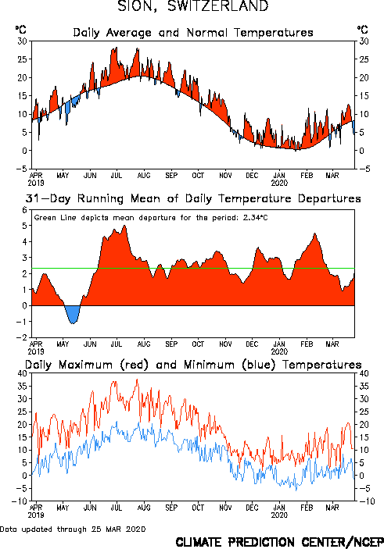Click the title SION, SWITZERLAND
tap(193, 6)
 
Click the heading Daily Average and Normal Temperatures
tap(193, 33)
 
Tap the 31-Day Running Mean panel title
tap(193, 198)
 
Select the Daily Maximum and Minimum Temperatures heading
tap(193, 365)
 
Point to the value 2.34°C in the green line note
tap(255, 218)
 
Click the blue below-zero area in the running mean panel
tap(73, 314)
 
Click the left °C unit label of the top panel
tap(20, 30)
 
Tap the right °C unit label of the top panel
tap(363, 30)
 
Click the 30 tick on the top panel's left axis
tap(23, 41)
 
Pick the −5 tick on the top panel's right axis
tap(364, 169)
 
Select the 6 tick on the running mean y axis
tap(24, 210)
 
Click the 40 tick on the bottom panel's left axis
tap(23, 373)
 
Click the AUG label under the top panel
tap(144, 175)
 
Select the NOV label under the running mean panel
tap(225, 344)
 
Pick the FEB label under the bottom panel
tap(307, 508)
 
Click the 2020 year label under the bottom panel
tap(279, 515)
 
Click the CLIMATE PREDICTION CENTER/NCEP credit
tap(279, 542)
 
